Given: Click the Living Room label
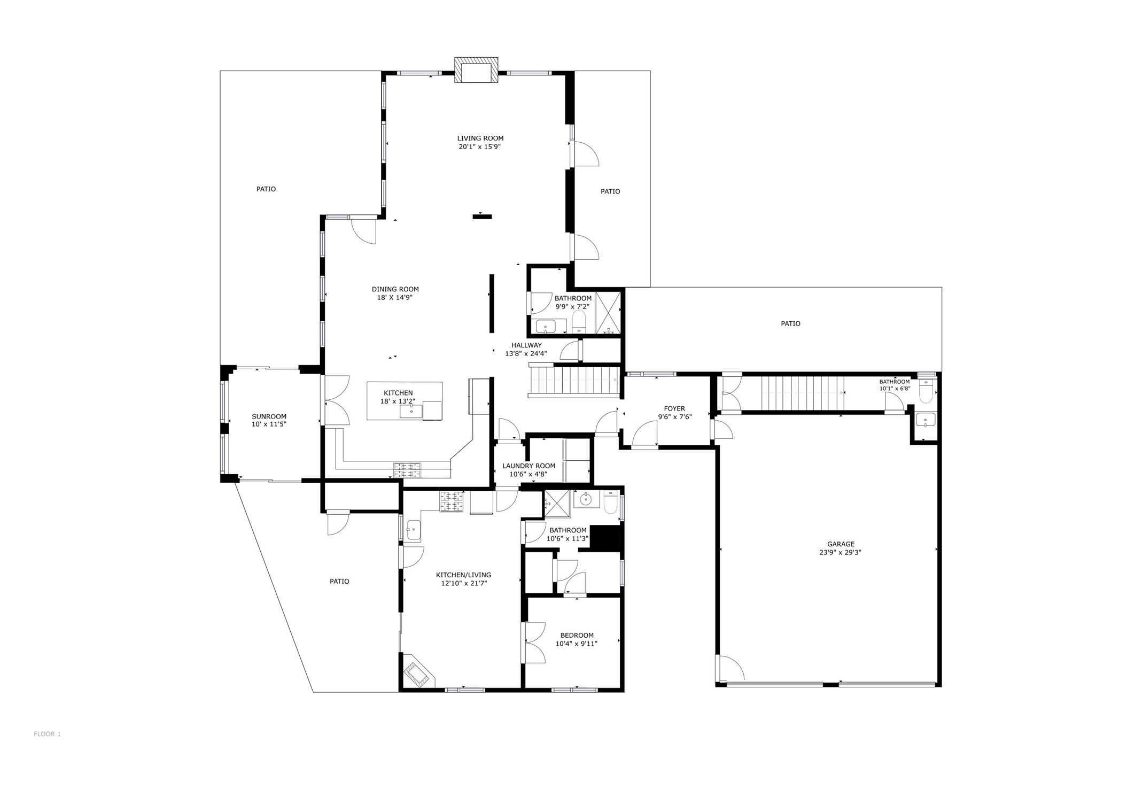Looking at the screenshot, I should click(480, 138).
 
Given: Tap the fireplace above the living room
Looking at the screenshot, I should click(476, 71).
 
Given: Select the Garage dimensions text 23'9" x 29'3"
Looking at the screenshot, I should click(840, 553).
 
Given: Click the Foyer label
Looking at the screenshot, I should click(674, 409).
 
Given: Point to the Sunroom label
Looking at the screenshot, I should click(269, 416).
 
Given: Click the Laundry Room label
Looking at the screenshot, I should click(528, 466).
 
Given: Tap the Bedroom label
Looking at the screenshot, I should click(577, 636).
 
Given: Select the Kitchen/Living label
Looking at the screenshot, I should click(463, 575).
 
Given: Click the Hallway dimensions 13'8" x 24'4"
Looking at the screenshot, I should click(526, 353).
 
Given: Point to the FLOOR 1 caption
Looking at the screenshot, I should click(47, 734).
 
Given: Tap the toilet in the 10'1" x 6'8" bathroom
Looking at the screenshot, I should click(926, 392).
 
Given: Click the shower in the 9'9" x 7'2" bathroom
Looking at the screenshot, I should click(608, 313).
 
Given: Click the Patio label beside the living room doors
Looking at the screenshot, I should click(610, 191).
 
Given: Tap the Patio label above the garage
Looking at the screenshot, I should click(790, 323).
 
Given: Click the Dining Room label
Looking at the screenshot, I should click(395, 290).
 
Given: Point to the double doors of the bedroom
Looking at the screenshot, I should click(533, 643).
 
